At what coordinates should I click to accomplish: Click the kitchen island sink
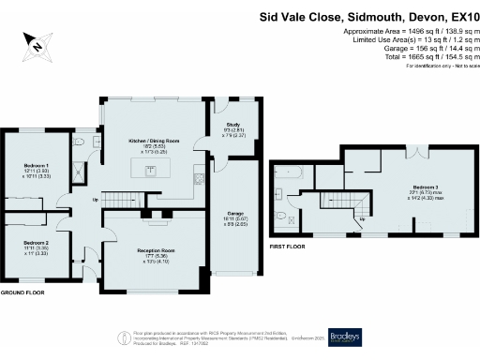(150, 170)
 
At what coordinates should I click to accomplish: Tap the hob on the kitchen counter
(200, 177)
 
